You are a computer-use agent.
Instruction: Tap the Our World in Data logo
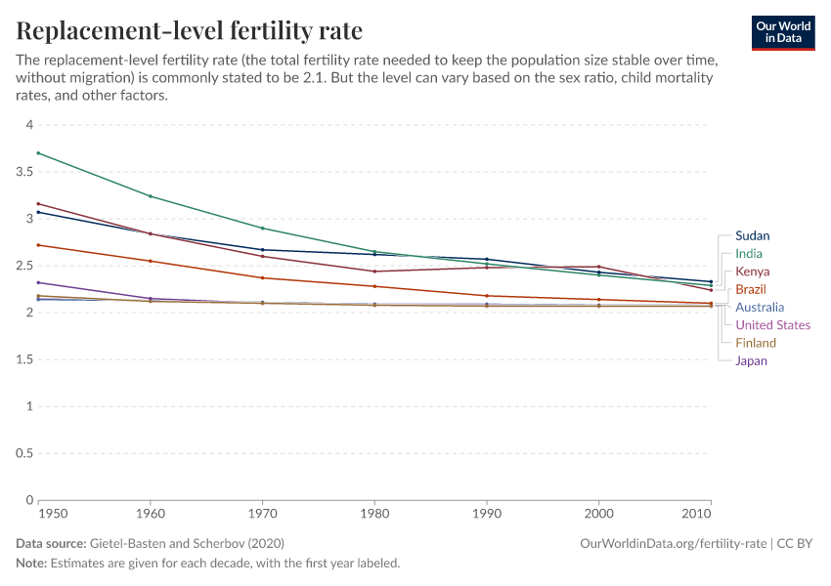782,31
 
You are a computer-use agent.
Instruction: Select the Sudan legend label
752,235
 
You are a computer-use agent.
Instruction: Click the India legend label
748,254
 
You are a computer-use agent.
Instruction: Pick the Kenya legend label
752,272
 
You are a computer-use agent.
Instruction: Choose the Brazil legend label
751,290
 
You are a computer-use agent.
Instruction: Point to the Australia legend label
759,308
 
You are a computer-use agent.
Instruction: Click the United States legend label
772,325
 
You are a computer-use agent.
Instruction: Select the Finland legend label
755,343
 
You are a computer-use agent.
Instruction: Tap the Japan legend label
751,361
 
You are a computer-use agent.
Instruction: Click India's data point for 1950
38,153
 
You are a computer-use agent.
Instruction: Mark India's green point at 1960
151,196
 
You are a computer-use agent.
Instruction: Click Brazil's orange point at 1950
38,245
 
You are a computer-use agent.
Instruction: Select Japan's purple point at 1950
38,282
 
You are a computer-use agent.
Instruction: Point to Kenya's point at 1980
374,272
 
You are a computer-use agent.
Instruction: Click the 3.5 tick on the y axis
24,172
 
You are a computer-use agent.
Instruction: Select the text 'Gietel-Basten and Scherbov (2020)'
187,543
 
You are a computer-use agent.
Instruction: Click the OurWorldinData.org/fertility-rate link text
673,543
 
